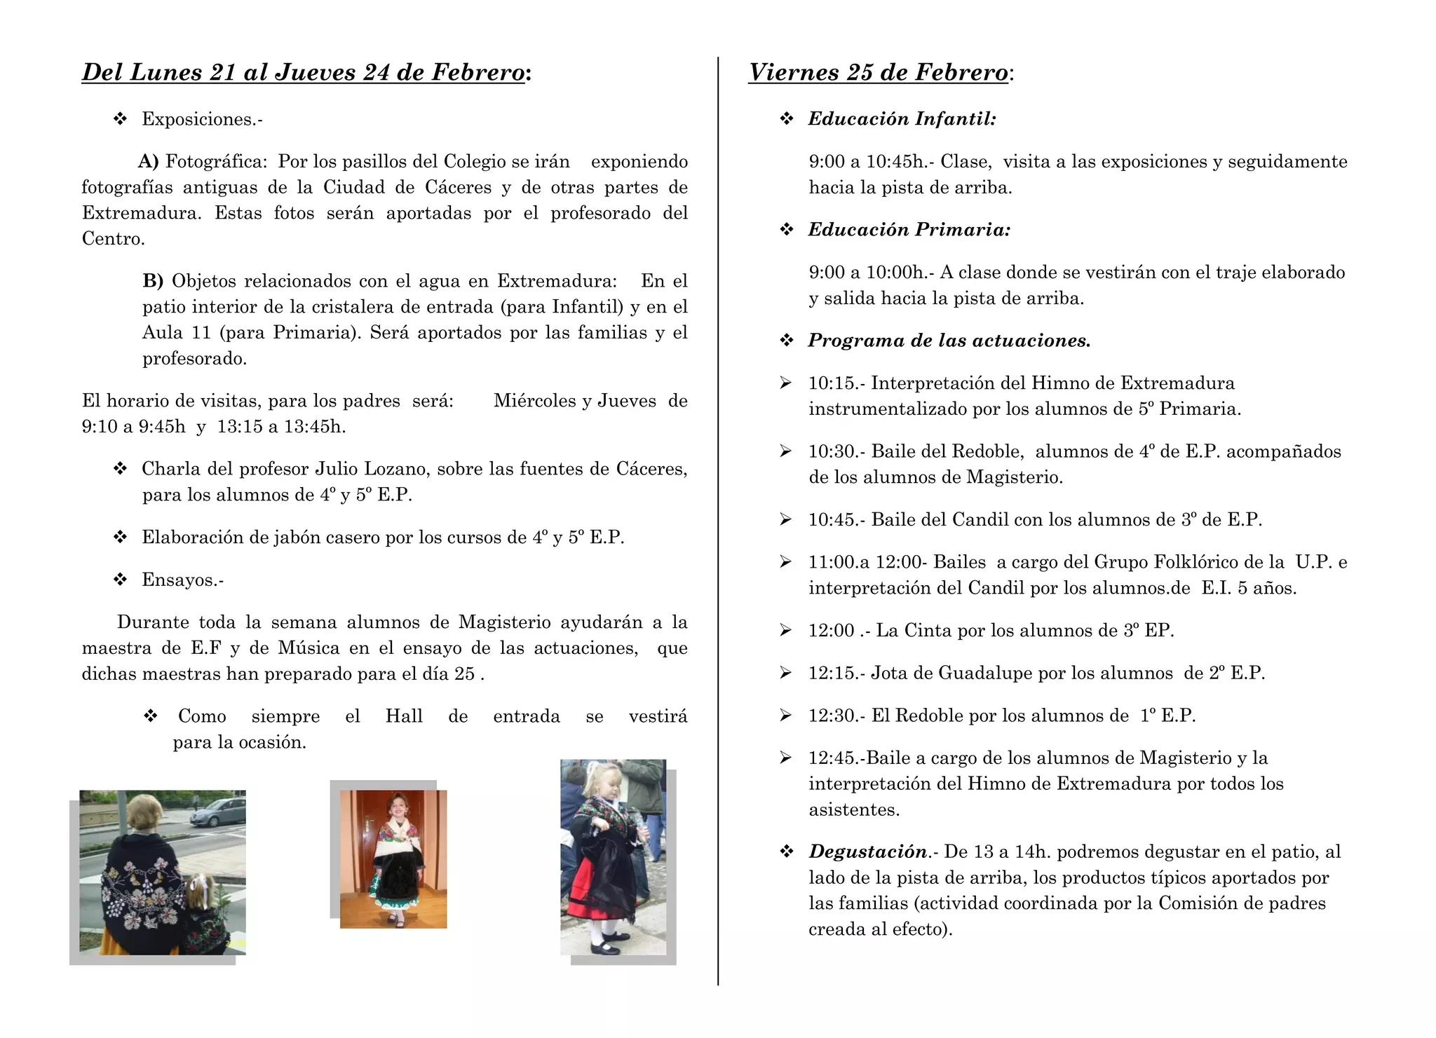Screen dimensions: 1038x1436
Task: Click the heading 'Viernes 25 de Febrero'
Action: tap(878, 73)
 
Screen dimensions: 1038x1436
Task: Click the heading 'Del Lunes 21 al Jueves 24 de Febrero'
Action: tap(303, 73)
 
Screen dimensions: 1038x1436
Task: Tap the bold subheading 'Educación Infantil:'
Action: tap(902, 119)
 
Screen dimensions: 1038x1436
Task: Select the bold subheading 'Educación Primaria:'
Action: tap(909, 230)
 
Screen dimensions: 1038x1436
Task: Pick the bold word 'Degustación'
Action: tap(867, 852)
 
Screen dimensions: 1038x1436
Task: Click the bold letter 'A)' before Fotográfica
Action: tap(149, 162)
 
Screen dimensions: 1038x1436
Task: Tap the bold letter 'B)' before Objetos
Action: tap(153, 281)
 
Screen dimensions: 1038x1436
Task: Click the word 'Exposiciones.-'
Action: tap(202, 119)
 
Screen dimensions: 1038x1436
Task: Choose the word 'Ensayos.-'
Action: tap(182, 580)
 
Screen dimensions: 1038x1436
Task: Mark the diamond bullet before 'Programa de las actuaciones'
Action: tap(787, 341)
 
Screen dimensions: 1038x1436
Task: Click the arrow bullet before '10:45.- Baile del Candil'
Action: tap(785, 519)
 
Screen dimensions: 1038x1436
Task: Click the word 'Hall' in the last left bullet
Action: tap(404, 716)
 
